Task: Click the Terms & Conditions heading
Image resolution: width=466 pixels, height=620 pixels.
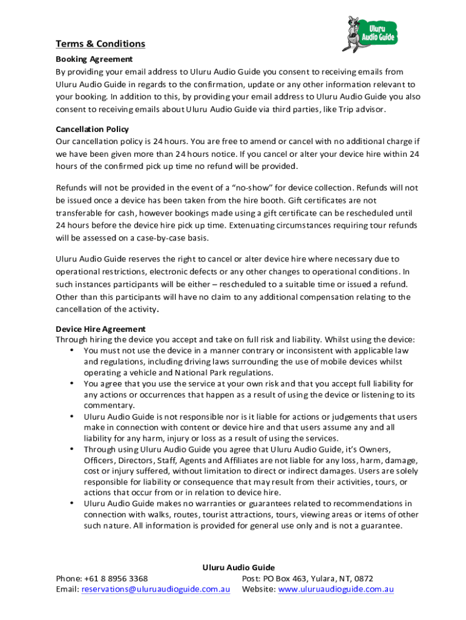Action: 100,44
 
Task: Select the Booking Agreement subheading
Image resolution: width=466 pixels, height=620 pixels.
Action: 94,59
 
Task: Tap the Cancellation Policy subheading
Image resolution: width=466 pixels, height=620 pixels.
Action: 92,129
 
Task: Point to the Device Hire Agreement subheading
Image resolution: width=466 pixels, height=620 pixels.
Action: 100,329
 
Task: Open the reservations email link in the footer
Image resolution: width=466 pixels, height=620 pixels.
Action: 156,589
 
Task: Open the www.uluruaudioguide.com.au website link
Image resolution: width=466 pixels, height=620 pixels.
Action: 336,589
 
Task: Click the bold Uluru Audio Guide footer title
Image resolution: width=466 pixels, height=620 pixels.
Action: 238,567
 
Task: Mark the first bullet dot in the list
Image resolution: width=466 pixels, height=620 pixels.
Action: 73,350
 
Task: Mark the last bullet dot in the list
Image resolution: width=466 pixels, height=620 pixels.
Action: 73,503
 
